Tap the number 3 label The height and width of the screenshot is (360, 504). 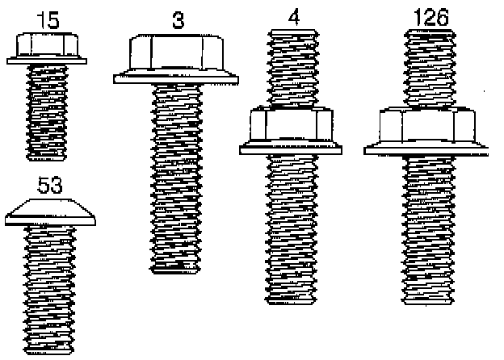coord(178,21)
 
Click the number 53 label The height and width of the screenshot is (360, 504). coord(50,186)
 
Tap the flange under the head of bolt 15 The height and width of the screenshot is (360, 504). coord(48,59)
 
